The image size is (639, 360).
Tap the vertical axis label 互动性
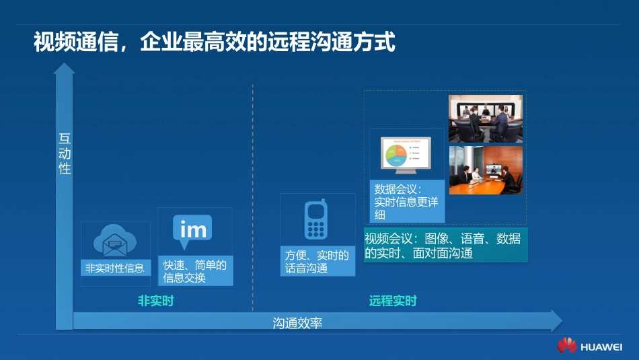coord(65,154)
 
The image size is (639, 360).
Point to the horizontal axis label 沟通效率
coord(297,322)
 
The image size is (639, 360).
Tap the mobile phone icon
coord(315,220)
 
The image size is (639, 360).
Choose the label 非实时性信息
coord(114,268)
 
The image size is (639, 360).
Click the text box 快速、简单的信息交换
coord(194,271)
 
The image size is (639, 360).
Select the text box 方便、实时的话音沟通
coord(317,261)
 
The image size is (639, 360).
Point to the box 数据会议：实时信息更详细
coord(406,201)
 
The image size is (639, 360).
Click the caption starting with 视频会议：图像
coord(445,246)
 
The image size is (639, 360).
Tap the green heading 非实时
coord(155,301)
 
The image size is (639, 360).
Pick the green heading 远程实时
coord(393,301)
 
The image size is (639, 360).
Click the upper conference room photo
coord(485,118)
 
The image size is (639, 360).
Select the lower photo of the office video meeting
coord(485,170)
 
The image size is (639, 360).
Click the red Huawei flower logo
coord(566,345)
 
